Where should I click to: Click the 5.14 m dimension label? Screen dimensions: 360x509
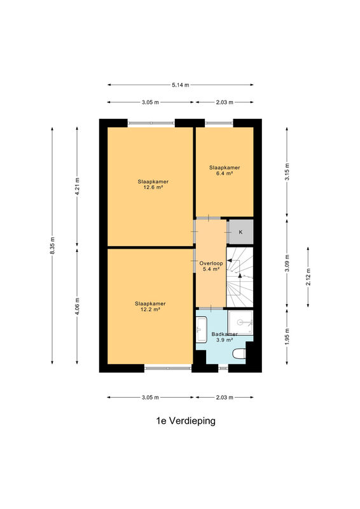pos(181,85)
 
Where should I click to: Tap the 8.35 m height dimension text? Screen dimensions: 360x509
pos(52,246)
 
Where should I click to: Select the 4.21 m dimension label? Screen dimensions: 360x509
pos(77,186)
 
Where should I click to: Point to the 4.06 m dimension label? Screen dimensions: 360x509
pos(77,306)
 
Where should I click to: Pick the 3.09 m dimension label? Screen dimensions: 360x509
pos(287,263)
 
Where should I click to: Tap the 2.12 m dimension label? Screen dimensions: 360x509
pos(308,277)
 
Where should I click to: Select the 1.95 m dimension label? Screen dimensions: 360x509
pos(287,337)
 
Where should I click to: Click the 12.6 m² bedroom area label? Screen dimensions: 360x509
pos(153,185)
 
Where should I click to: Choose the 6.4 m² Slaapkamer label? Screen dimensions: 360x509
pos(225,171)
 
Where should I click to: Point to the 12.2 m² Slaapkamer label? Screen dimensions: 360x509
pos(150,307)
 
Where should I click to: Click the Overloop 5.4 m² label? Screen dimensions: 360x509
pos(211,266)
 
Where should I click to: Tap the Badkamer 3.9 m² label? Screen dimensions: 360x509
pos(225,337)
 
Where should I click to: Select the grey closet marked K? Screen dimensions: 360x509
pos(240,232)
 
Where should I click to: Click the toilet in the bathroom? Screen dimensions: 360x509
pos(239,354)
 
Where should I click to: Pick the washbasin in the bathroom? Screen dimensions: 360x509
pos(201,330)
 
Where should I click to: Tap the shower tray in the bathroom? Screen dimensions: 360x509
pos(240,323)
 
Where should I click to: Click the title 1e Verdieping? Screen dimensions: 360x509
pos(186,421)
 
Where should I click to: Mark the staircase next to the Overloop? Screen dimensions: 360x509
pos(240,277)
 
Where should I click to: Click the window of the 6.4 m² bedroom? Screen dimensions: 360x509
pos(219,123)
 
